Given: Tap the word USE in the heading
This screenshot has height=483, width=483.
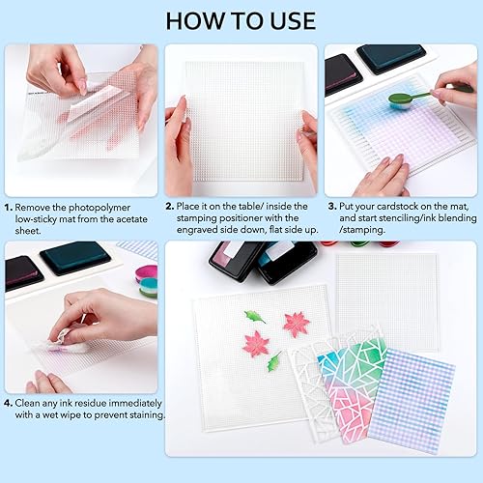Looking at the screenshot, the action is [x=293, y=21].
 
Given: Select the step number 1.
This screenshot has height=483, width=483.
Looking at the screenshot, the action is [x=9, y=208].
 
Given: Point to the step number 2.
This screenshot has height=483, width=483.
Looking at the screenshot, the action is [x=170, y=207].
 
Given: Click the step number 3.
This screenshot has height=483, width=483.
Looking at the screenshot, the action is [x=332, y=207].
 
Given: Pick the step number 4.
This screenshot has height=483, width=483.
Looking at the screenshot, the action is [x=9, y=403].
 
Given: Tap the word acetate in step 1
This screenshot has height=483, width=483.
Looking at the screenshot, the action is [x=131, y=219].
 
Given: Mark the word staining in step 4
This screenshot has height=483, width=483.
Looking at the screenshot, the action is [x=147, y=415].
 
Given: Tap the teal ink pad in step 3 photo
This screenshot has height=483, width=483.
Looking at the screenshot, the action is [x=391, y=59].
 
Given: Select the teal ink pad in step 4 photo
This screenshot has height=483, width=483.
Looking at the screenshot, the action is [x=75, y=258].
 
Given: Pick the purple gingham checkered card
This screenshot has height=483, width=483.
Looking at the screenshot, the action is [x=412, y=401].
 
